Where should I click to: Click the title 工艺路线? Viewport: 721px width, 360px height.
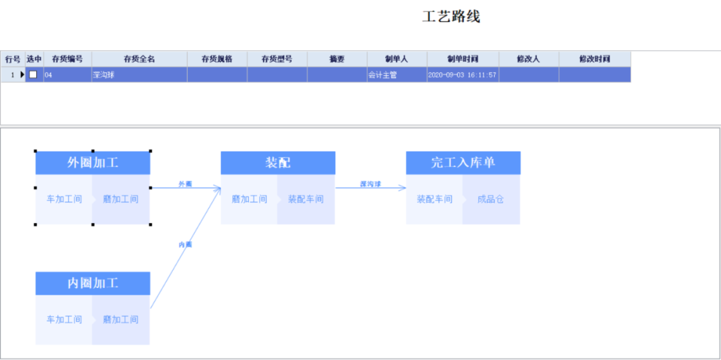tap(451, 17)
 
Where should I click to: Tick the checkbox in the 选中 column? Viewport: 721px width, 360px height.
tap(33, 75)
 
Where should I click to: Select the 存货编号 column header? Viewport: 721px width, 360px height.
tap(67, 59)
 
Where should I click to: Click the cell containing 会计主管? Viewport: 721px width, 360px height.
tap(383, 75)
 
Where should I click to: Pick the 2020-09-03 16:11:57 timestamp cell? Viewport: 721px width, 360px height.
tap(462, 75)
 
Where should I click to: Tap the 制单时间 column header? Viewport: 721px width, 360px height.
tap(462, 59)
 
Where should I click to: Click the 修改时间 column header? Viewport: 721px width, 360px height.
tap(594, 59)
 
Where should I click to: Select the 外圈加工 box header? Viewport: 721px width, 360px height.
tap(92, 162)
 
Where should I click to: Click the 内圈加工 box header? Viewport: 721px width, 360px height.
tap(92, 283)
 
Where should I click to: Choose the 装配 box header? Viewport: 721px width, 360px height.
tap(278, 162)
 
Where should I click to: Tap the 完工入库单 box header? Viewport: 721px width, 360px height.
tap(463, 162)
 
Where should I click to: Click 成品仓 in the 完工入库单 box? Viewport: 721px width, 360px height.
tap(491, 199)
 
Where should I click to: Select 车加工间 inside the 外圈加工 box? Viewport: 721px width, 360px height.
tap(64, 199)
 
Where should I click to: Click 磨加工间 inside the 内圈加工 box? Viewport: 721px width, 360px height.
tap(121, 319)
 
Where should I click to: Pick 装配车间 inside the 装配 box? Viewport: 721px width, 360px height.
tap(306, 199)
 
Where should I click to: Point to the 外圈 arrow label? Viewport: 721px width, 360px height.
tap(185, 183)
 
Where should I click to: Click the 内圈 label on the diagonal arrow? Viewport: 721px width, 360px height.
tap(185, 244)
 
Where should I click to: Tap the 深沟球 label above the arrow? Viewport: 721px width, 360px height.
tap(371, 183)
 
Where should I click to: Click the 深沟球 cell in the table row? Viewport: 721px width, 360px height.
tap(103, 75)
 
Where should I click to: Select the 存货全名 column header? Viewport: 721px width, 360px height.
tap(139, 59)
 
